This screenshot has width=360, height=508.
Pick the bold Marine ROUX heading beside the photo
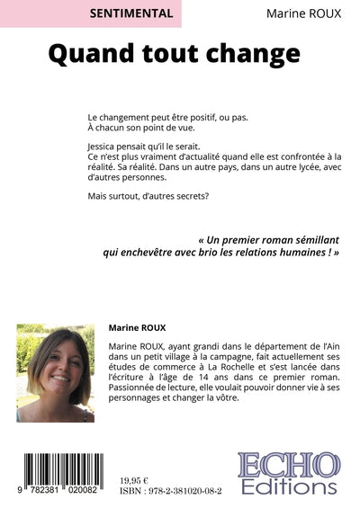pyautogui.click(x=139, y=330)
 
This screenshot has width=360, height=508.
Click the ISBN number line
pyautogui.click(x=171, y=493)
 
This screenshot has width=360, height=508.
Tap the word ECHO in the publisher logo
pyautogui.click(x=288, y=468)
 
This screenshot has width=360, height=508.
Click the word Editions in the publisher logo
pyautogui.click(x=288, y=488)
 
